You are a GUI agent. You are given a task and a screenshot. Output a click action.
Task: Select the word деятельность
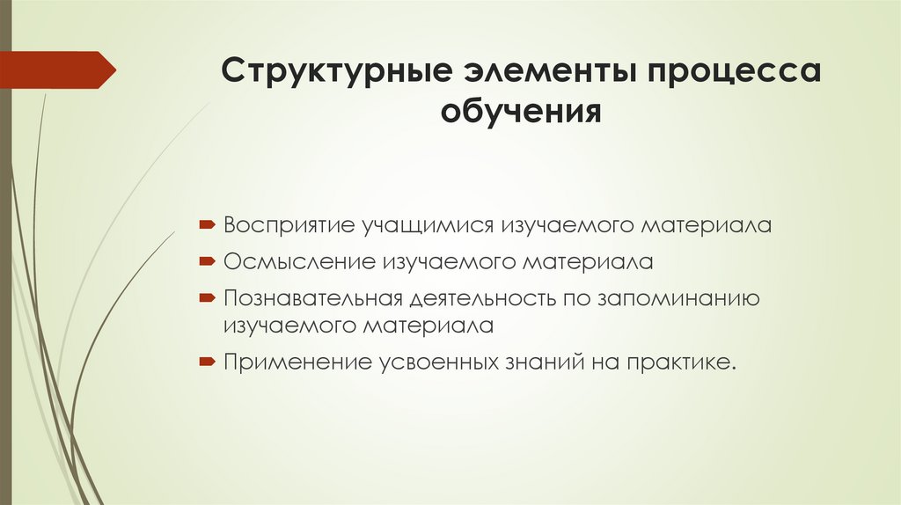pos(477,297)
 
